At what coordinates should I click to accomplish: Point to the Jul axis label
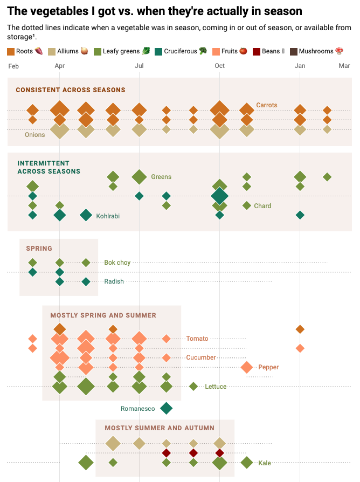click(x=139, y=66)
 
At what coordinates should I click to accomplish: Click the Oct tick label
click(x=219, y=66)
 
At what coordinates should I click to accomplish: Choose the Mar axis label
click(x=344, y=66)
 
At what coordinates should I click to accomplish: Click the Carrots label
click(x=267, y=105)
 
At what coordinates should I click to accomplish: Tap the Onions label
click(x=35, y=135)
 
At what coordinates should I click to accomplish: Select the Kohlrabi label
click(x=108, y=216)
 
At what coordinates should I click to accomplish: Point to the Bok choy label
click(x=117, y=263)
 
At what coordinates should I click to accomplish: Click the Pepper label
click(x=268, y=367)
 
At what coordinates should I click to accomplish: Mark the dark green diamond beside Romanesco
click(x=166, y=408)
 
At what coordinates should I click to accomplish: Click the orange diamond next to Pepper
click(x=247, y=367)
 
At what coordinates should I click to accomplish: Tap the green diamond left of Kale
click(x=247, y=463)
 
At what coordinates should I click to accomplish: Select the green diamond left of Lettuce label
click(x=193, y=386)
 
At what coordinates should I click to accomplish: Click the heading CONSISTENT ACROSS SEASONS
click(x=71, y=90)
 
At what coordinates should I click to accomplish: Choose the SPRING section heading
click(x=39, y=249)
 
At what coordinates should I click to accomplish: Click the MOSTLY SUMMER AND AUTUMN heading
click(x=160, y=428)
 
